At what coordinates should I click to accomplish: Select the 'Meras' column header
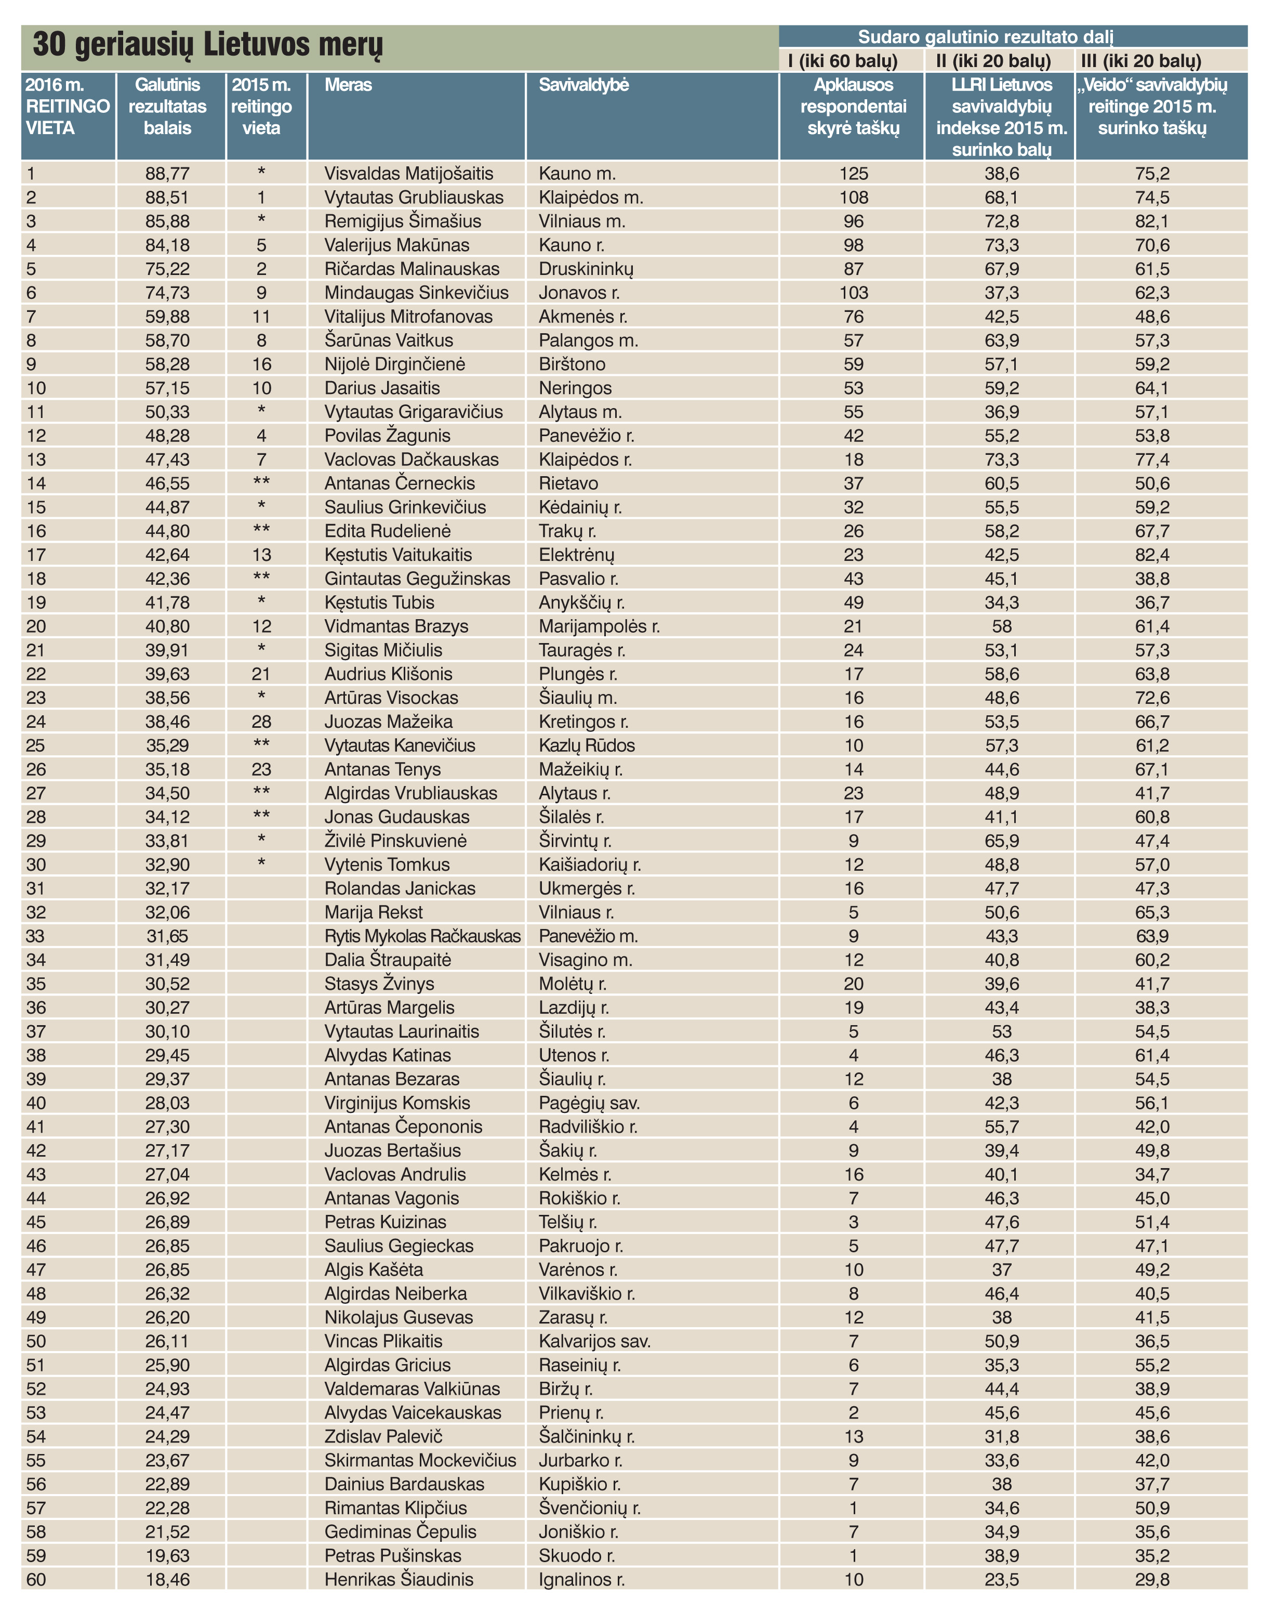coord(348,85)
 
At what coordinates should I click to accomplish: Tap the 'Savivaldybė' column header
coord(583,85)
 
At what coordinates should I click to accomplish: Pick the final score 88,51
coord(167,198)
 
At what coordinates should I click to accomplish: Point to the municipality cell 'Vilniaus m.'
coord(582,221)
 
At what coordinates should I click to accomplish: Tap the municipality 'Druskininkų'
coord(586,269)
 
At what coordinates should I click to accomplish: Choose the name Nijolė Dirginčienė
coord(394,364)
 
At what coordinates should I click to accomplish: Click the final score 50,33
coord(167,412)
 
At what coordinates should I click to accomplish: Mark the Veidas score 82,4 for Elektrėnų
coord(1152,555)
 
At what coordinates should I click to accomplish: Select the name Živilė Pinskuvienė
coord(395,841)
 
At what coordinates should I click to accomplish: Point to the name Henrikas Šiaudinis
coord(399,1580)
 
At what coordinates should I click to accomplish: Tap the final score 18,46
coord(167,1580)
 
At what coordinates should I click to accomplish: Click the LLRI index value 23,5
coord(1001,1580)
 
